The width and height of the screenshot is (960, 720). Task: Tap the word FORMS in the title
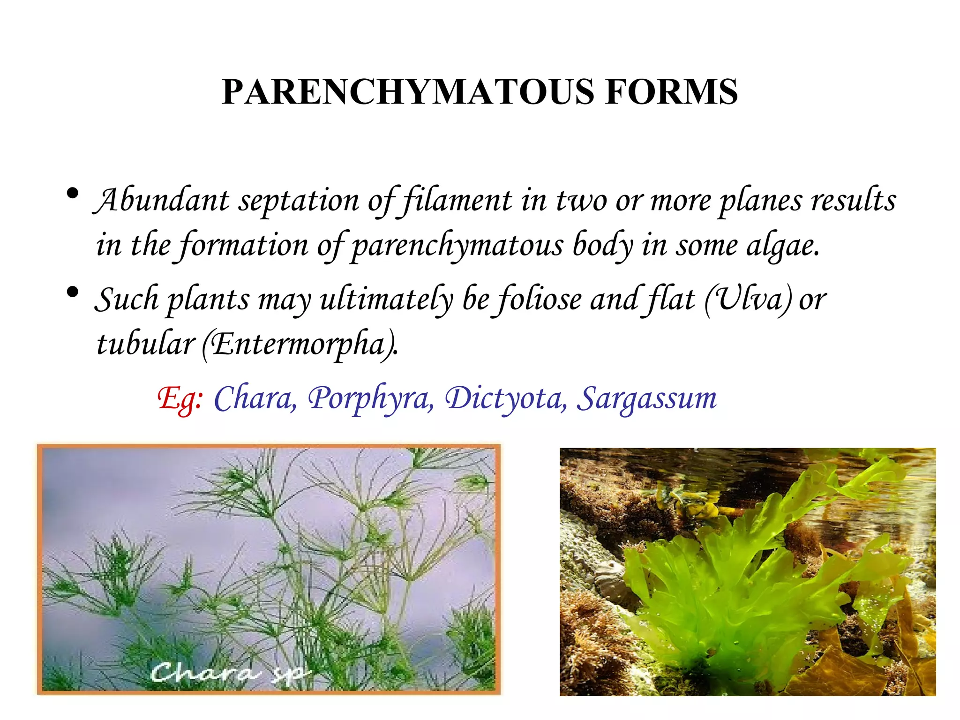tap(671, 92)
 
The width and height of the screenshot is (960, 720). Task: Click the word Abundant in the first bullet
tap(162, 201)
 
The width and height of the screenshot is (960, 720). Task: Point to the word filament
tap(457, 201)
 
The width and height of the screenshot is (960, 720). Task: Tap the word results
tap(853, 201)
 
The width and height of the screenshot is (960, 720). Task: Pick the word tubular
tap(145, 344)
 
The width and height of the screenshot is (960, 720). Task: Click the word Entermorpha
tap(300, 345)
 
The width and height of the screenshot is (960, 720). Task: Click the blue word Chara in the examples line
tap(255, 398)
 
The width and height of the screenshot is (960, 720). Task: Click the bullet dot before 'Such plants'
tap(72, 293)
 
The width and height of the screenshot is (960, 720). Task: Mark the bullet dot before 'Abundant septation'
tap(72, 193)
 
